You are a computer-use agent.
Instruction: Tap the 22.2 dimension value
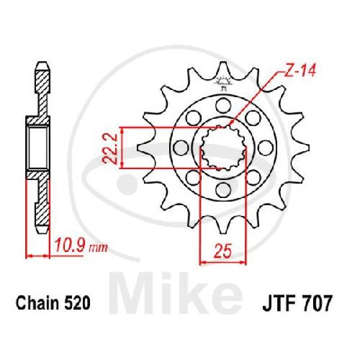[x=109, y=148]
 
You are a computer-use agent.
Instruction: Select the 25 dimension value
[x=223, y=251]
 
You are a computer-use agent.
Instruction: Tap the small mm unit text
[x=98, y=248]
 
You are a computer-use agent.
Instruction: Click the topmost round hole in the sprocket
[x=223, y=105]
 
